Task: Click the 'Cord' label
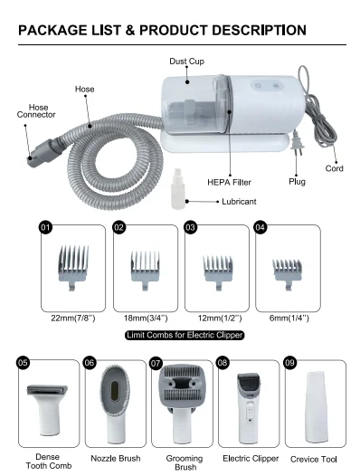tap(335, 168)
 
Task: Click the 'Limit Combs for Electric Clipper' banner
tap(184, 336)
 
